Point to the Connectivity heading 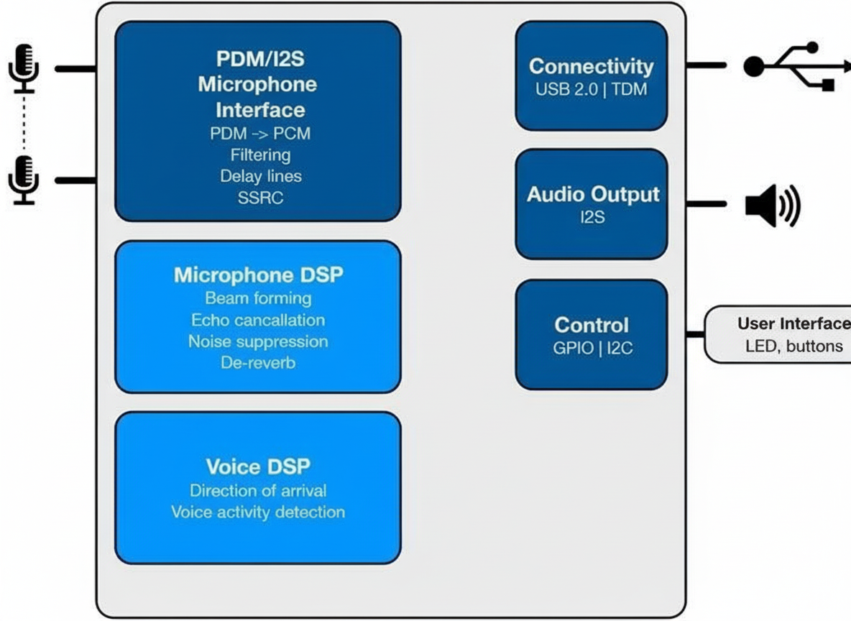click(591, 66)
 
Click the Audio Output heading click(592, 194)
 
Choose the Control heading click(591, 325)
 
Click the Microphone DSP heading click(258, 275)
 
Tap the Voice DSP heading click(258, 466)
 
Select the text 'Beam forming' click(258, 298)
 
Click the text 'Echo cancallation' click(258, 320)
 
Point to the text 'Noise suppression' click(258, 341)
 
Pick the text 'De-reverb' click(258, 363)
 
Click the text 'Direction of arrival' click(258, 490)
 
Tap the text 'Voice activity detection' click(258, 512)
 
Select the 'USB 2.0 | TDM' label click(591, 91)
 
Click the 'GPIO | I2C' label click(591, 349)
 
